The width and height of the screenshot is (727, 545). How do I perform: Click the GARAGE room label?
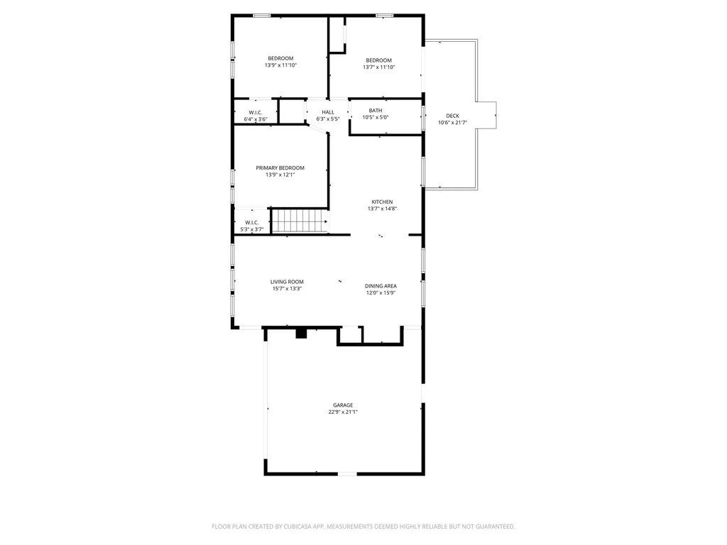tap(343, 405)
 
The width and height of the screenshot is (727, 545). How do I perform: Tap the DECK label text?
tap(452, 116)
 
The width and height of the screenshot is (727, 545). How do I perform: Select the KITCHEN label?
tap(382, 202)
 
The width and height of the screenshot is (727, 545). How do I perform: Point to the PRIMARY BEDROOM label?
tap(280, 167)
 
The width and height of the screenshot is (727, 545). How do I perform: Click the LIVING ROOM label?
tap(287, 282)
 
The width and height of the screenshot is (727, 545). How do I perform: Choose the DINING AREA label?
tap(381, 286)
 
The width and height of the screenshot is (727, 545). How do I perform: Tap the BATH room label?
tap(376, 110)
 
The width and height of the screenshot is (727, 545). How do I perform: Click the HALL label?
tap(328, 112)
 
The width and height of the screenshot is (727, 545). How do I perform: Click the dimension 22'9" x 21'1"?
tap(343, 412)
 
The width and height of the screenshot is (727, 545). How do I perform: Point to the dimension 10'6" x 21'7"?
tap(452, 123)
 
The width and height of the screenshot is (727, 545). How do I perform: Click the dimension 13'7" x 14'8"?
tap(382, 209)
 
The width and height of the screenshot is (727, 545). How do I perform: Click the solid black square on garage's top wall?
tap(301, 334)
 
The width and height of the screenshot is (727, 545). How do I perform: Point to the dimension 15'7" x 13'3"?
tap(287, 289)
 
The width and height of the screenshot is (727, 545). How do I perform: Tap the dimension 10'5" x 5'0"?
tap(376, 117)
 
